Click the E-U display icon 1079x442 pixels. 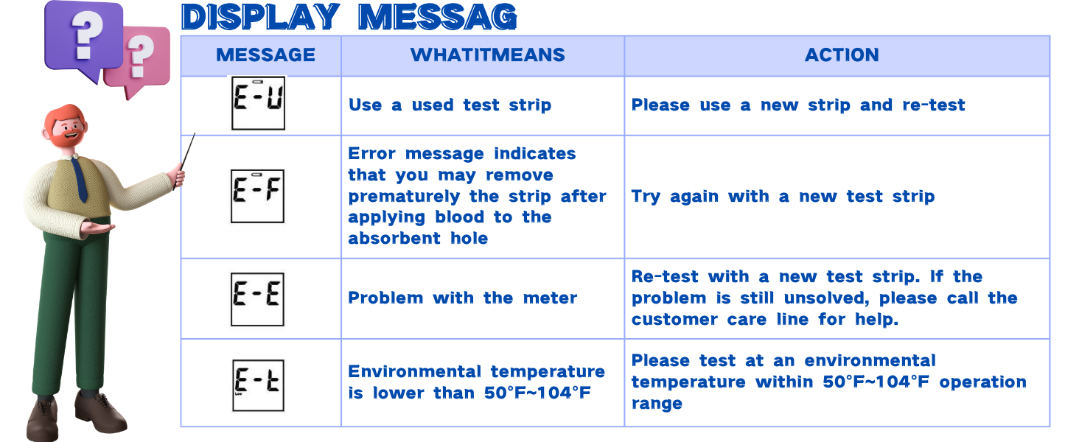tap(258, 102)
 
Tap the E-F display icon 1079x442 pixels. tap(257, 196)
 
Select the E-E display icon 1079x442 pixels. tap(257, 298)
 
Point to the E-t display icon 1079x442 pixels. tap(257, 384)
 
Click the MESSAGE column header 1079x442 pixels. tap(265, 55)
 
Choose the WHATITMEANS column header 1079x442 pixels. tap(487, 55)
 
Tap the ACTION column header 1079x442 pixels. tap(842, 55)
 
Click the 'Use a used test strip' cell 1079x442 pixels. tap(450, 105)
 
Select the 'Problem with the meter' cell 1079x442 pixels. tap(462, 298)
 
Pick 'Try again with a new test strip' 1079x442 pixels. tap(783, 197)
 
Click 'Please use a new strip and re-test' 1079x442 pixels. tap(798, 105)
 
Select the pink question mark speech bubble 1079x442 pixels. tap(137, 59)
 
